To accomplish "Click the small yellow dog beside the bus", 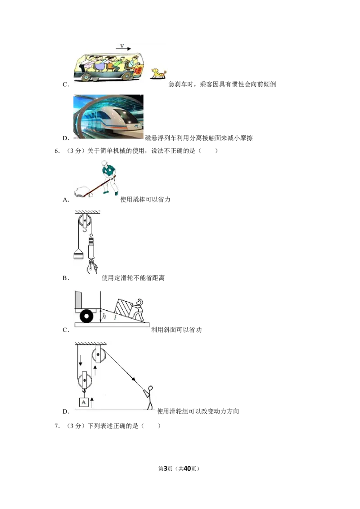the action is tap(158, 74).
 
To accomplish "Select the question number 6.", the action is tap(57, 151).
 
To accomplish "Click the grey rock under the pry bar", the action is tap(82, 192).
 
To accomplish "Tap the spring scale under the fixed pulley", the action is tap(92, 248).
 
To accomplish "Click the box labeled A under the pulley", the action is tap(84, 402).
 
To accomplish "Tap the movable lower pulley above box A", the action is tap(85, 380).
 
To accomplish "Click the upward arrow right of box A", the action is tap(92, 402).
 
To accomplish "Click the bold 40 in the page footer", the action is tap(187, 469).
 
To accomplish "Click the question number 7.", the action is tap(57, 426).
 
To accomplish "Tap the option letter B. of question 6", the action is tap(66, 278).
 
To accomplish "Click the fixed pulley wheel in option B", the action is tap(85, 221).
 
